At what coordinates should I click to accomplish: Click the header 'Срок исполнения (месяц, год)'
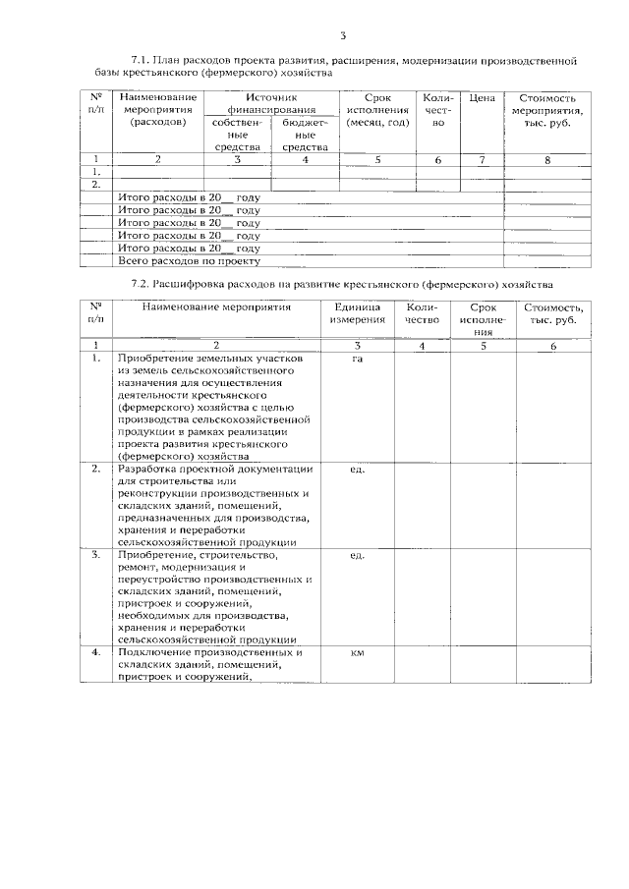[x=377, y=111]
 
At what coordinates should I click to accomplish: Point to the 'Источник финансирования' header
[x=271, y=104]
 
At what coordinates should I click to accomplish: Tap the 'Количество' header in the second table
[x=421, y=314]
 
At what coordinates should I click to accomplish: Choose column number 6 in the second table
[x=552, y=346]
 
